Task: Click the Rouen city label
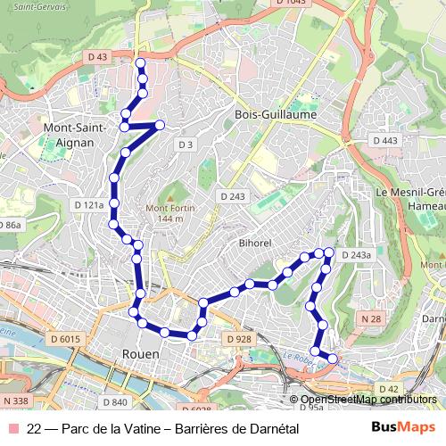pos(139,354)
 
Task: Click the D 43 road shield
pos(98,56)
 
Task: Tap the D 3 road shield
pos(185,145)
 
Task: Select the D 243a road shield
pos(355,255)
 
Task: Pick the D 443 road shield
pos(385,141)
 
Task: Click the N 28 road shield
pos(370,318)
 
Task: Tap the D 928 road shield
pos(239,339)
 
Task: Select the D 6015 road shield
pos(65,339)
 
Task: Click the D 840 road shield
pos(114,378)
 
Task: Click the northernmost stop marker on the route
pos(139,62)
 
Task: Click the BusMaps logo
pos(403,428)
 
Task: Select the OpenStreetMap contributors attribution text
pos(368,400)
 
